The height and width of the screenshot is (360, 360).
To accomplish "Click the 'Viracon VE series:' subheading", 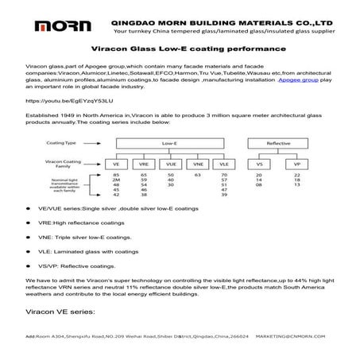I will [60, 312].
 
